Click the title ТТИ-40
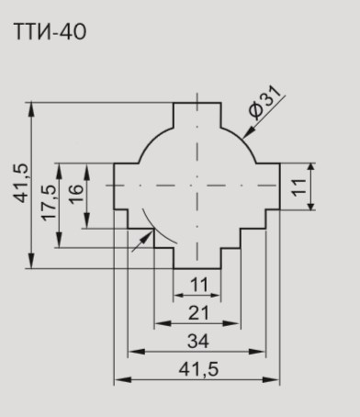[50, 31]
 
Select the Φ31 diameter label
[264, 102]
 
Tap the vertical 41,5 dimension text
[21, 184]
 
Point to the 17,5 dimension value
[50, 203]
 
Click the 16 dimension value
[76, 194]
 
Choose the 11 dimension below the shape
[199, 285]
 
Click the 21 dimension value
[198, 313]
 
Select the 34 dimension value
[198, 341]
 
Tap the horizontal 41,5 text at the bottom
[198, 369]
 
